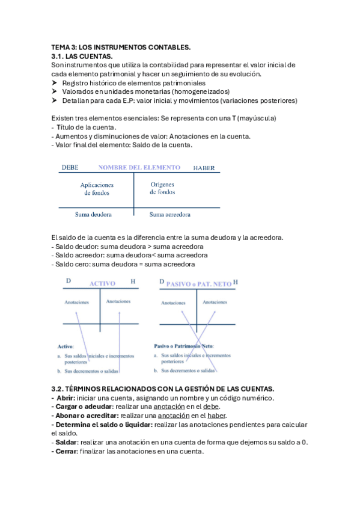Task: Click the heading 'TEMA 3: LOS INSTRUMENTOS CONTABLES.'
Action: tap(121, 47)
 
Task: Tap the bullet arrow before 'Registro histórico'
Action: tap(55, 82)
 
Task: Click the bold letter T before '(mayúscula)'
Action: tap(225, 118)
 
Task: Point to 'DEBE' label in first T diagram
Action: tap(70, 168)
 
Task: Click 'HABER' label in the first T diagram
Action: tap(204, 168)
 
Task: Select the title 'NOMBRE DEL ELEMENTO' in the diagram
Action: tap(139, 168)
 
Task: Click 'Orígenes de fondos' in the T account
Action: tap(162, 188)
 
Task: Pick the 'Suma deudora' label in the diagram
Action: tap(91, 214)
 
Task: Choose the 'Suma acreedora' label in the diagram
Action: tap(170, 214)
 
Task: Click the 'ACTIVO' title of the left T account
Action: tap(102, 283)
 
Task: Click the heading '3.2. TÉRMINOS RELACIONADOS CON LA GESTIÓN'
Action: tap(163, 389)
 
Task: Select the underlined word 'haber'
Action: tap(217, 416)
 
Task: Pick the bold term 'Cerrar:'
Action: tap(67, 451)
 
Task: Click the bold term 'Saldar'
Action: tap(66, 442)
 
